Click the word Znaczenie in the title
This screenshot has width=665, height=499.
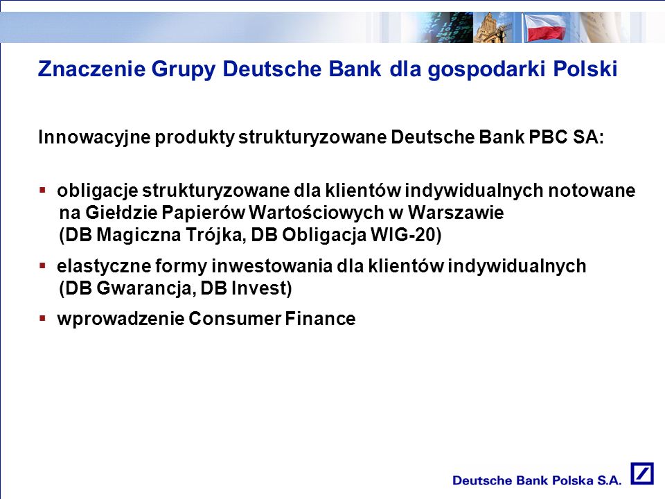tap(91, 69)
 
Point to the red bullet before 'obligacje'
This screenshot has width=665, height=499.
tap(42, 190)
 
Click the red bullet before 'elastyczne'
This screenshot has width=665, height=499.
tap(42, 266)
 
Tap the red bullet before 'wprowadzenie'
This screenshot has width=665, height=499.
tap(42, 318)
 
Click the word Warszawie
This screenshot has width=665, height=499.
tap(456, 212)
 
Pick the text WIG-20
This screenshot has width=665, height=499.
tap(403, 235)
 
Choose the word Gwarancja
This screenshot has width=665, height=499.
tap(147, 288)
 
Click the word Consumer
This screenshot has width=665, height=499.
tap(235, 319)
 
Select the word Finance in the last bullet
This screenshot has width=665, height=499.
tap(320, 319)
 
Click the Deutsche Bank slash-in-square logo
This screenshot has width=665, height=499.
tap(641, 473)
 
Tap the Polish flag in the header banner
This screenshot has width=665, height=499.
tap(545, 28)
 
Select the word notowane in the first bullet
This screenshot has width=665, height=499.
tap(592, 191)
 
